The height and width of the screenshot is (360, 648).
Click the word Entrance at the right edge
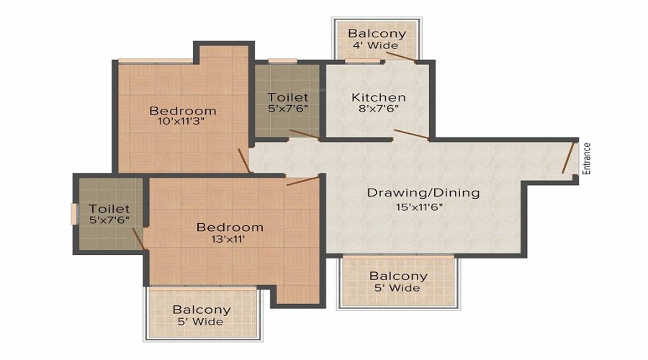point(587,159)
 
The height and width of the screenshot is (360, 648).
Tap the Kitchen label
point(378,97)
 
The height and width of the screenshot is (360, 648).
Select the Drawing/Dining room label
point(423,193)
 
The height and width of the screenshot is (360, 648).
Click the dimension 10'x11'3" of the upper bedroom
point(183,122)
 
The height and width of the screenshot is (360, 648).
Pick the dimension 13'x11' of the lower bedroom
point(230,240)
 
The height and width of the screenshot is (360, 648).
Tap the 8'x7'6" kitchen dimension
point(378,109)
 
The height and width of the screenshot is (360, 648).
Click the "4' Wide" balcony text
point(377,45)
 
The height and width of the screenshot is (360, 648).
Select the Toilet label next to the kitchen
point(288,97)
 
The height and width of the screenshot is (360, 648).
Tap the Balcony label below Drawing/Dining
point(398,276)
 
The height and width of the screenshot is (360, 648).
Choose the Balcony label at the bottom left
point(202,310)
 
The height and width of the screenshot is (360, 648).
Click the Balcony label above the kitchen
point(377,33)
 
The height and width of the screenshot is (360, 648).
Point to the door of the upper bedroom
point(243,161)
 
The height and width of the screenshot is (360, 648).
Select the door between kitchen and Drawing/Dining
point(412,135)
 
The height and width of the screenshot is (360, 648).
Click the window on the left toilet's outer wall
point(73,215)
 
